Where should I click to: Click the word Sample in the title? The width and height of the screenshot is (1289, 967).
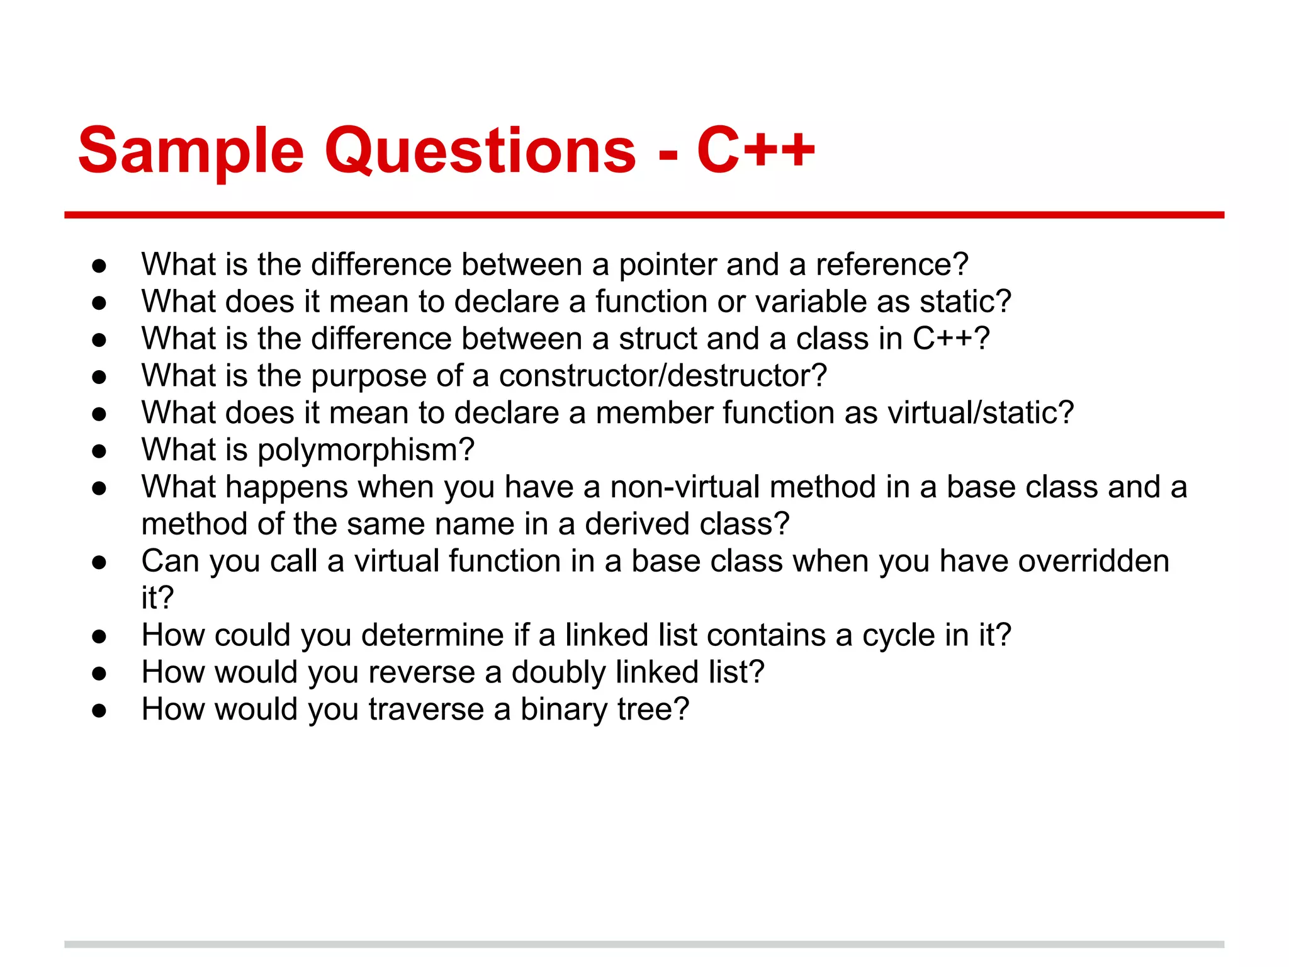[x=191, y=151]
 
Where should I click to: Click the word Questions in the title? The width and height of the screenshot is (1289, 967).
[x=480, y=151]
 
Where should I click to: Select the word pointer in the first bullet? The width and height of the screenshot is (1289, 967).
[x=667, y=265]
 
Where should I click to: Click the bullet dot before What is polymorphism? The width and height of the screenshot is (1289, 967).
[x=99, y=451]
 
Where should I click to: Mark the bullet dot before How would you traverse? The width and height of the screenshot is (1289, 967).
[x=99, y=711]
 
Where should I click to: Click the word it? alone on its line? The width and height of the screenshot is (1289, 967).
[x=157, y=598]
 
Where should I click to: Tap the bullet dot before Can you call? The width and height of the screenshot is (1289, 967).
[x=99, y=562]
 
